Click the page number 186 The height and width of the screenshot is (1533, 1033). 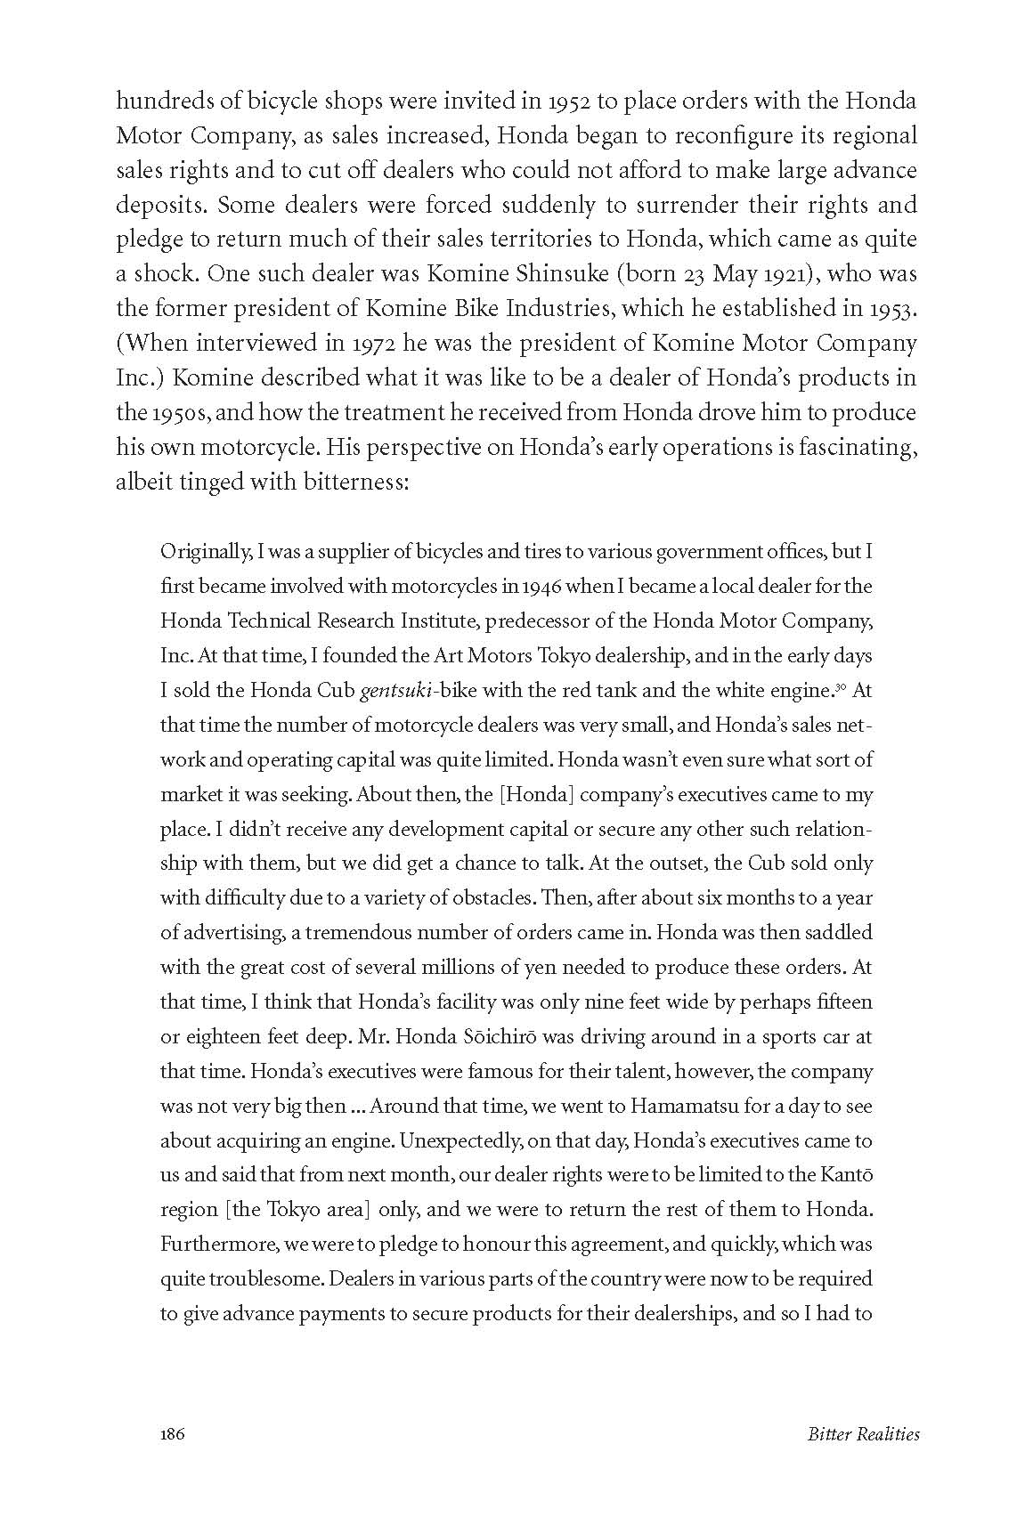pyautogui.click(x=172, y=1434)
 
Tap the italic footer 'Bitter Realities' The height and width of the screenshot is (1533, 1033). pyautogui.click(x=863, y=1434)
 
